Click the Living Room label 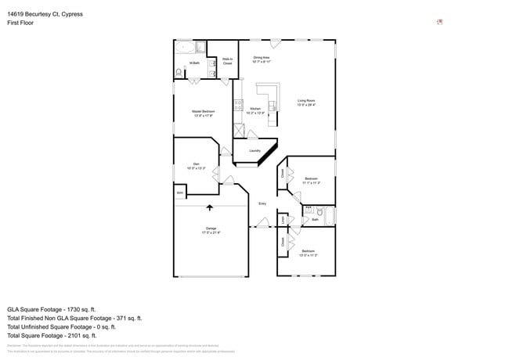coord(305,101)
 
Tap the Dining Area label coord(261,59)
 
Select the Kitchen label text coord(255,110)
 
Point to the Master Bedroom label coord(203,113)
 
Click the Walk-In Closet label coord(227,61)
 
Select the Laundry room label coord(254,150)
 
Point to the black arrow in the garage coord(209,207)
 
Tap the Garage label coord(211,229)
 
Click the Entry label coord(262,203)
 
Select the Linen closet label coord(283,221)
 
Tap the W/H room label coord(180,193)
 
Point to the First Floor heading coord(20,23)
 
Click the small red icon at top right coord(439,22)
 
